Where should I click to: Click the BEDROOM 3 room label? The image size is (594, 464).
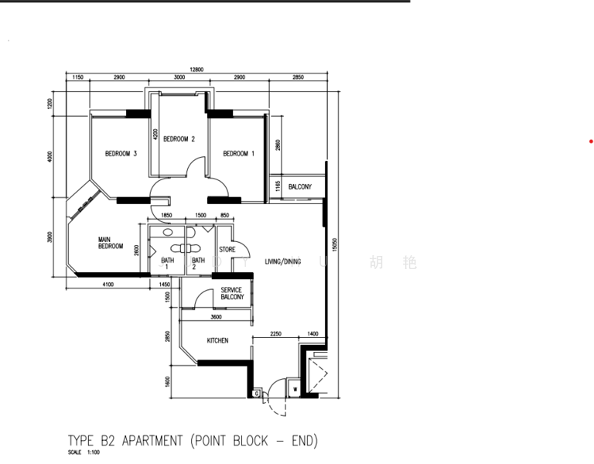pyautogui.click(x=121, y=154)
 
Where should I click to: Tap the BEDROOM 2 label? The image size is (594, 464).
pyautogui.click(x=179, y=139)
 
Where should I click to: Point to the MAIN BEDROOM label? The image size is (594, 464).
pyautogui.click(x=111, y=243)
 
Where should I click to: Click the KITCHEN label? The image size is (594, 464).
pyautogui.click(x=217, y=340)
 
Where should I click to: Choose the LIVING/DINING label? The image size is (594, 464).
pyautogui.click(x=282, y=262)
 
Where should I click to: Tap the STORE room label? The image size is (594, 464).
pyautogui.click(x=227, y=250)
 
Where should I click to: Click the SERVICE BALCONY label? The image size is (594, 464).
pyautogui.click(x=232, y=294)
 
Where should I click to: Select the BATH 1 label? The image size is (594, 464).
pyautogui.click(x=168, y=264)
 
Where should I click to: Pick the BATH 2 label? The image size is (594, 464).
pyautogui.click(x=199, y=264)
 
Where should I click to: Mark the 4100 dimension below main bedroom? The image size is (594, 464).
pyautogui.click(x=108, y=285)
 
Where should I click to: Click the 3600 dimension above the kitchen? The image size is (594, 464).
pyautogui.click(x=216, y=316)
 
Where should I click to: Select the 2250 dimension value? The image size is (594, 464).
pyautogui.click(x=276, y=333)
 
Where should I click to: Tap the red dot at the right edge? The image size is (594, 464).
pyautogui.click(x=591, y=142)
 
